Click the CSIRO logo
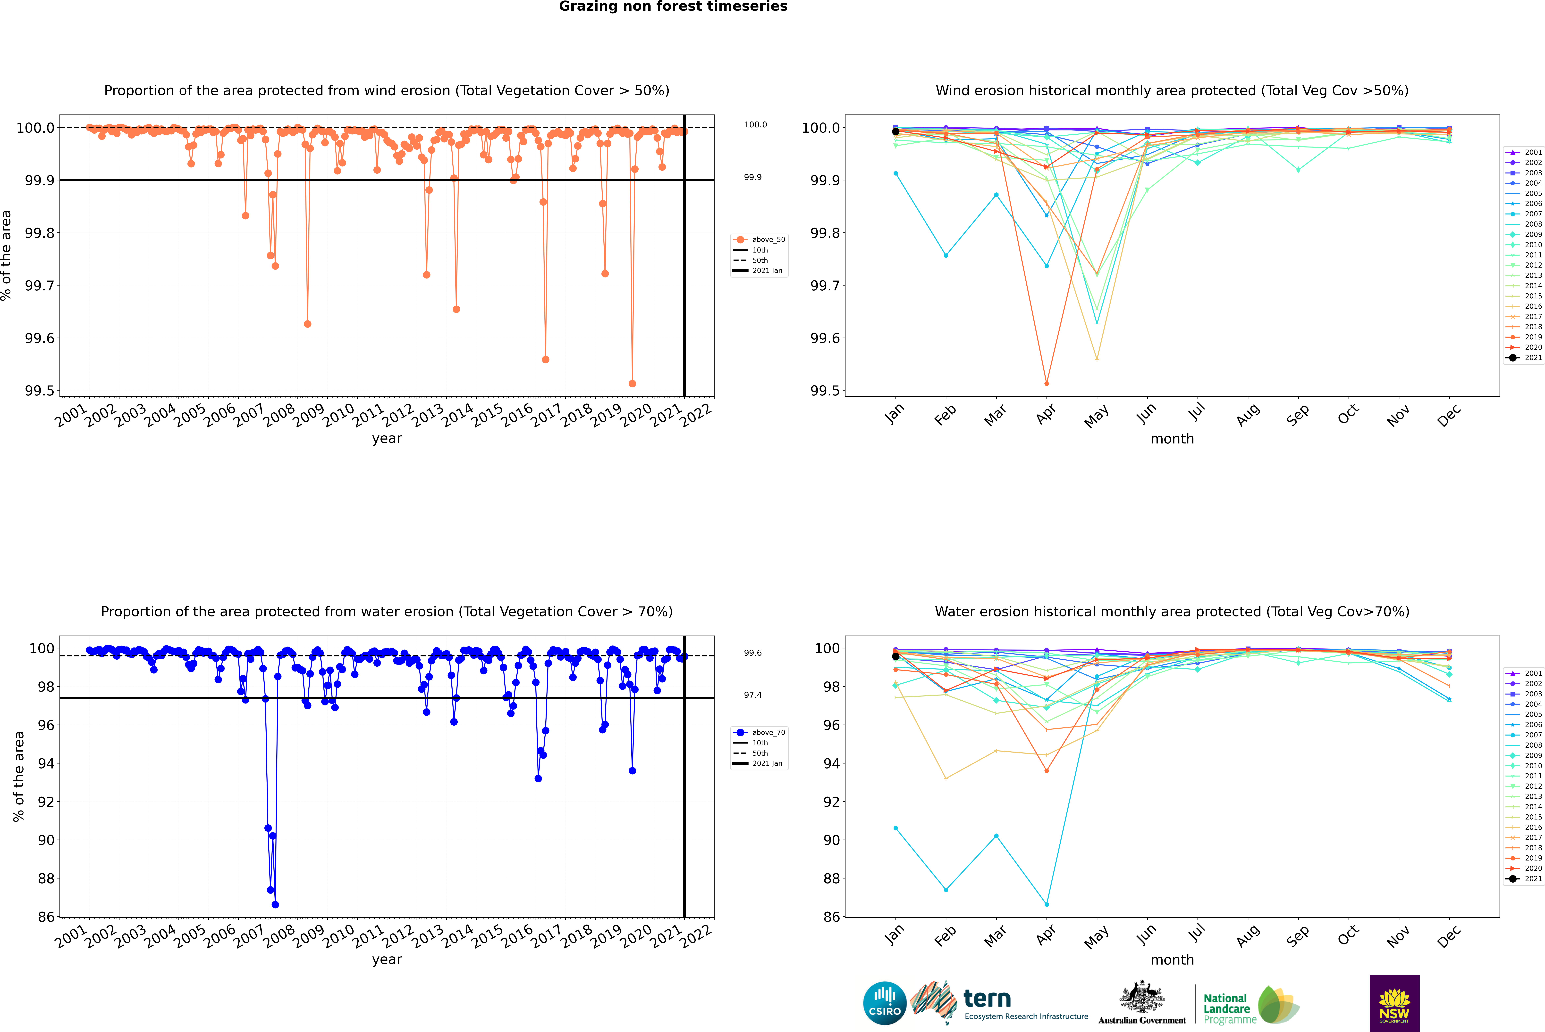885,1003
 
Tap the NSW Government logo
1394,1003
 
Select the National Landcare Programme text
1226,1009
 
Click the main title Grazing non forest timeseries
673,7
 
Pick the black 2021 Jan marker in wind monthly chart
896,132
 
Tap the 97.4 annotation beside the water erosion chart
753,695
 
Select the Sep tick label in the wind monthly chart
1297,415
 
